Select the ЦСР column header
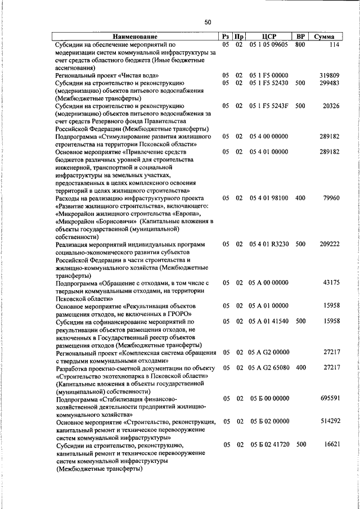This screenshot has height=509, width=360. click(268, 37)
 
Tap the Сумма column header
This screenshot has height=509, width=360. click(325, 37)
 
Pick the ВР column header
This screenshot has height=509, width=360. click(300, 37)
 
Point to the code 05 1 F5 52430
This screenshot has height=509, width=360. click(269, 83)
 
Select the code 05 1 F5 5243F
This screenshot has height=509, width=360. click(269, 106)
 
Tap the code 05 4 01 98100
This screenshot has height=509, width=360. click(269, 199)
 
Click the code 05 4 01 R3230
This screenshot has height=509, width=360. click(269, 245)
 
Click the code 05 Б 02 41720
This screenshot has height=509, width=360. click(269, 445)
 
